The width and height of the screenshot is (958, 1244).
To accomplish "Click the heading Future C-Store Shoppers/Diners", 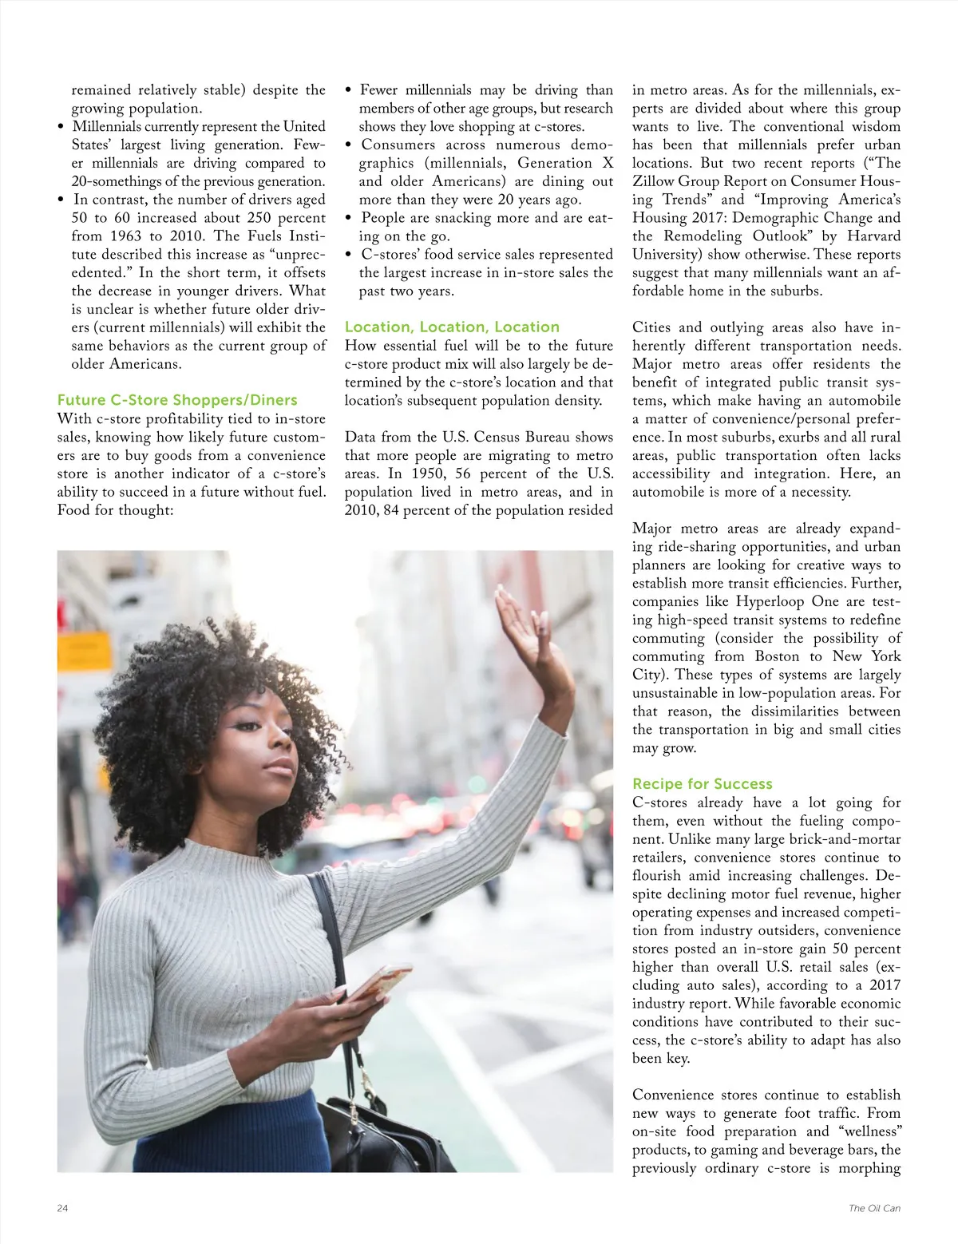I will tap(176, 400).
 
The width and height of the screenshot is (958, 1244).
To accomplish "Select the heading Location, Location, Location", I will tap(452, 327).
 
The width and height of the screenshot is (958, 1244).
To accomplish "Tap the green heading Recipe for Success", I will tap(702, 783).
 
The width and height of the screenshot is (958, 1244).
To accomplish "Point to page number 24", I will tap(62, 1208).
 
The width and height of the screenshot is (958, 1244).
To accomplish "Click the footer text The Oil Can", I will tap(874, 1208).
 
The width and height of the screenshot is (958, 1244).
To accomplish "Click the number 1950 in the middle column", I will tap(427, 473).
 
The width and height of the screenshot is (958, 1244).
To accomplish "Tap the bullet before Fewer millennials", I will tap(349, 90).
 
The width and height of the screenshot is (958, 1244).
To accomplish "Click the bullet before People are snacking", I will tap(349, 218).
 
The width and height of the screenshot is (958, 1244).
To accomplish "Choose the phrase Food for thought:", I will tap(115, 510).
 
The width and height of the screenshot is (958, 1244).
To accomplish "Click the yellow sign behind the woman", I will tap(85, 651).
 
